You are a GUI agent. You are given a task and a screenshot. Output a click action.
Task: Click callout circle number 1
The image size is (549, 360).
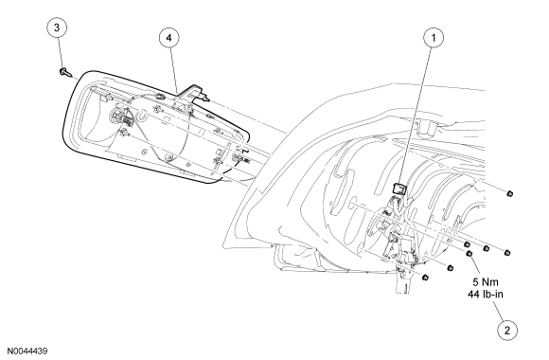pyautogui.click(x=434, y=38)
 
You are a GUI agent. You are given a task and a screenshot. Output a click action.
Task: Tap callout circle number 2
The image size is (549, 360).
pyautogui.click(x=507, y=330)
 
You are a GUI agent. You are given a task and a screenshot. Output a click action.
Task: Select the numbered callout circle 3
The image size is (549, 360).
pyautogui.click(x=57, y=27)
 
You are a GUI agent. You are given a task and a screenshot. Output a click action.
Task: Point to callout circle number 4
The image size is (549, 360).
pyautogui.click(x=169, y=38)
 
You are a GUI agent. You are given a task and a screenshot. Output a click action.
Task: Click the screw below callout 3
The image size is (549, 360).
pyautogui.click(x=64, y=73)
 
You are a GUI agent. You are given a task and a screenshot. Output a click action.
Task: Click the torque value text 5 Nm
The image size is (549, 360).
pyautogui.click(x=486, y=281)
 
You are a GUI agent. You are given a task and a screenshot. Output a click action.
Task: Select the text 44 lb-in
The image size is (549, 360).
pyautogui.click(x=486, y=294)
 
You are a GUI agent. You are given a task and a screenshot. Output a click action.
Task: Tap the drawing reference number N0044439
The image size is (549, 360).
pyautogui.click(x=28, y=351)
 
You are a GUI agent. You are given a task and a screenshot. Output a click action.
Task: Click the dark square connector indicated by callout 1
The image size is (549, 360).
pyautogui.click(x=398, y=189)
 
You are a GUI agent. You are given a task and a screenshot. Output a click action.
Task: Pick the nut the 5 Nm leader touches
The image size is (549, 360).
pyautogui.click(x=469, y=254)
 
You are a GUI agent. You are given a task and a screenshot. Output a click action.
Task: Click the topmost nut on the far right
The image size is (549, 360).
pyautogui.click(x=509, y=193)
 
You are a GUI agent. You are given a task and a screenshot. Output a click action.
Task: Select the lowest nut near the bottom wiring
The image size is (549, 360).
pyautogui.click(x=426, y=278)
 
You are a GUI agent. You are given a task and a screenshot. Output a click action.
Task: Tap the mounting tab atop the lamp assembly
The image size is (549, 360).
pyautogui.click(x=193, y=92)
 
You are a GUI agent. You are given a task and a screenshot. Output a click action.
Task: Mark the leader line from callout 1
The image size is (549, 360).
pyautogui.click(x=416, y=116)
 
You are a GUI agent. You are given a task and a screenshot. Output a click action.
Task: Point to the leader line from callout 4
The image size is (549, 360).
pyautogui.click(x=173, y=70)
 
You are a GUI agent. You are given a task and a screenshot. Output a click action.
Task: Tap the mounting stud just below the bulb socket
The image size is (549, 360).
pyautogui.click(x=124, y=133)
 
